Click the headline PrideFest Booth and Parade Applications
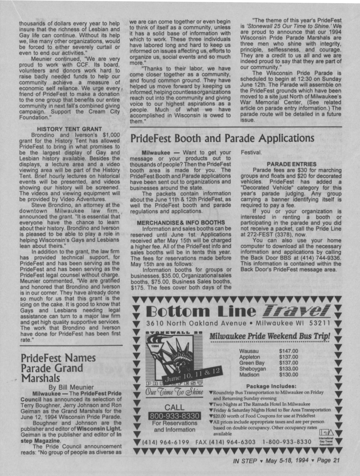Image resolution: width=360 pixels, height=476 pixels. point(222,139)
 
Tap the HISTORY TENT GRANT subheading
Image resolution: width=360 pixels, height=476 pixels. point(69,129)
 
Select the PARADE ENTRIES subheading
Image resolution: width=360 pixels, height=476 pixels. point(292,164)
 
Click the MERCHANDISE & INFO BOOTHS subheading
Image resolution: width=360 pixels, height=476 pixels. point(181,222)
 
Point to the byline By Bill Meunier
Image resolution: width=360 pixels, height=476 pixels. point(71,387)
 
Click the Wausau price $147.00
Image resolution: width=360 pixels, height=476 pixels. point(288,351)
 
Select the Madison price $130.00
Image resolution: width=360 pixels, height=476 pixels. point(288,375)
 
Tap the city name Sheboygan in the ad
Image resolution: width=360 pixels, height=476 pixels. point(252,369)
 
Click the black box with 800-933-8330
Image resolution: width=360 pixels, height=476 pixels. point(175,416)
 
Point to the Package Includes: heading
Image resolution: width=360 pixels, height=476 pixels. point(271,386)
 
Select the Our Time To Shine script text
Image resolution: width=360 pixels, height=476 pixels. point(174,392)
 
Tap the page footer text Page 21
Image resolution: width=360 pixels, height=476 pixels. point(328,461)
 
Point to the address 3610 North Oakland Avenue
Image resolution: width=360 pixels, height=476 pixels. point(196,323)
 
